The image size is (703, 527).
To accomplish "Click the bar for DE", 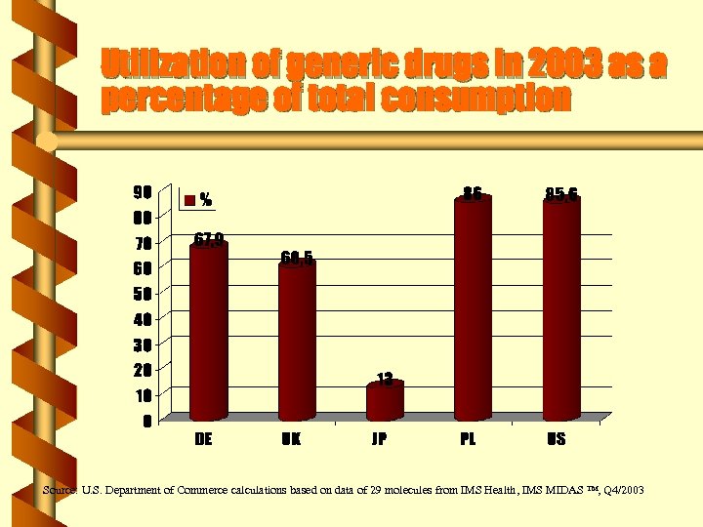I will (x=208, y=332).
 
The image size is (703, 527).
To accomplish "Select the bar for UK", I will (x=297, y=342).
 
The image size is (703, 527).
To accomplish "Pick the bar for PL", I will (x=473, y=308).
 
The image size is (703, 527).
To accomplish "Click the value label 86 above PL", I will (x=473, y=193).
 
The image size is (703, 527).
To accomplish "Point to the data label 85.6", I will (x=561, y=193).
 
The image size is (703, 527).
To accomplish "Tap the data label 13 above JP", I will (x=385, y=379).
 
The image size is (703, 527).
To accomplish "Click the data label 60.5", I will (x=297, y=258).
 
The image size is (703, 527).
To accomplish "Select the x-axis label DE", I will (x=203, y=439).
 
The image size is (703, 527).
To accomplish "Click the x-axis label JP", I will (x=379, y=439).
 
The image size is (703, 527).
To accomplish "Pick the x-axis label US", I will (x=556, y=439).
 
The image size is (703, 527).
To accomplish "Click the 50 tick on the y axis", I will (x=143, y=294).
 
